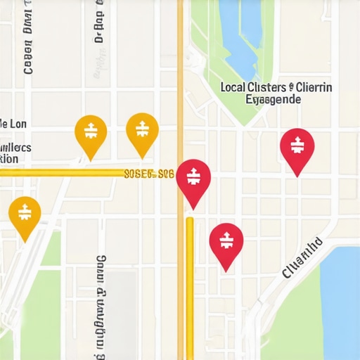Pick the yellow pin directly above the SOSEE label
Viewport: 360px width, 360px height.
142,131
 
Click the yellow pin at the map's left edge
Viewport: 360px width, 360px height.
25,212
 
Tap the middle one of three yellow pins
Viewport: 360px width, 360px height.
91,131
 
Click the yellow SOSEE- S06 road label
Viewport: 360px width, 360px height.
148,173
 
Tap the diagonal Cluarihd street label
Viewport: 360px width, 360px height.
303,258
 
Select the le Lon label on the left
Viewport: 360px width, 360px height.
13,124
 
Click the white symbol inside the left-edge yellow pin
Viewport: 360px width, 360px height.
25,210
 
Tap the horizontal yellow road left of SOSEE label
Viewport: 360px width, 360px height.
63,173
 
